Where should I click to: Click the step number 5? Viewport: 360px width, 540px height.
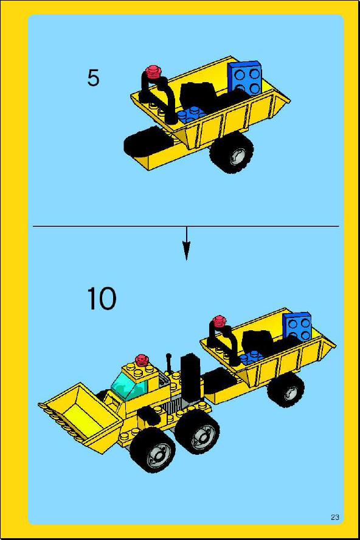(x=93, y=78)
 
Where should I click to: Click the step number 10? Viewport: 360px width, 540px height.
(x=102, y=299)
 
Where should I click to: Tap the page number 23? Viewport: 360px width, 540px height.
(x=335, y=517)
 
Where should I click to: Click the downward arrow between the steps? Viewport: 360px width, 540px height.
(x=186, y=243)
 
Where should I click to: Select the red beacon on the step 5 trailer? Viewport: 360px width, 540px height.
(x=154, y=72)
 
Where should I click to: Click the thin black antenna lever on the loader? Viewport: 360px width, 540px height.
(x=169, y=363)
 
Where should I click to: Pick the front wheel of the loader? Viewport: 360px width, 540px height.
(x=153, y=451)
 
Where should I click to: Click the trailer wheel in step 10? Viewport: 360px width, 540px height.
(x=286, y=390)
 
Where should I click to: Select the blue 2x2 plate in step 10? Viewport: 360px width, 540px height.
(x=297, y=325)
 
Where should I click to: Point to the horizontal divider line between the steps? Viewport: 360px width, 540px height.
(x=186, y=226)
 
